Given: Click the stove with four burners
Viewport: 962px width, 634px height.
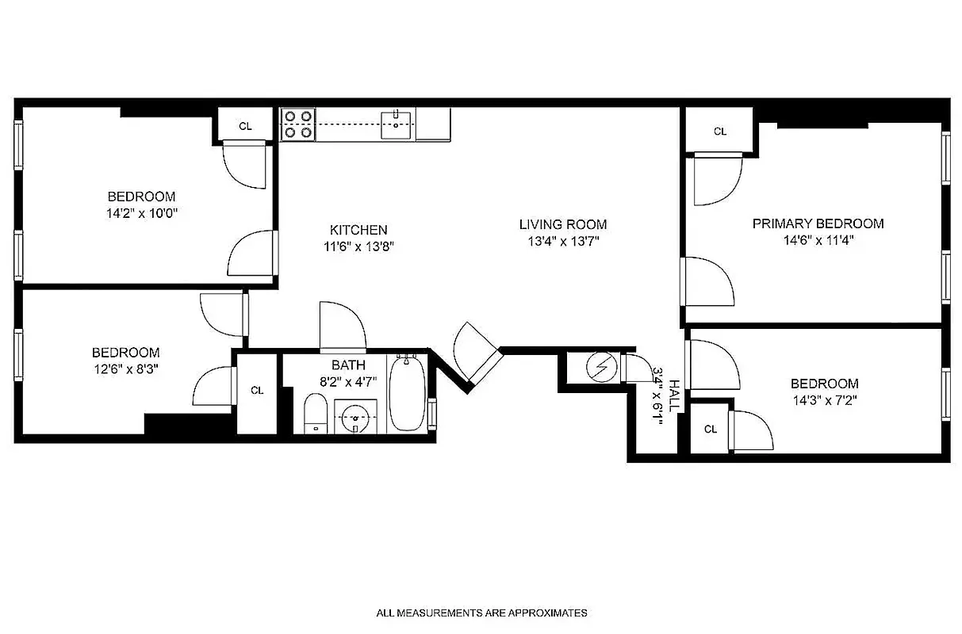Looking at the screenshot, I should [x=298, y=125].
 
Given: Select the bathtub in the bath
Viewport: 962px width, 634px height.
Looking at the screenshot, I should [x=407, y=393].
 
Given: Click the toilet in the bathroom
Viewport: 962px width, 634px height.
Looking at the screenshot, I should [x=316, y=414].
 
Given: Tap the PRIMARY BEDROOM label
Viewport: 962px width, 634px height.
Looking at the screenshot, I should [x=818, y=223].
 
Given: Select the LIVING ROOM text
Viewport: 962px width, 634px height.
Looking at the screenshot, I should [x=563, y=224].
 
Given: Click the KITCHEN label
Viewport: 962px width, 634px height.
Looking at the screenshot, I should [x=358, y=230].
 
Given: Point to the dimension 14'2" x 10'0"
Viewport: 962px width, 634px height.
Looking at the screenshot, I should [x=141, y=213].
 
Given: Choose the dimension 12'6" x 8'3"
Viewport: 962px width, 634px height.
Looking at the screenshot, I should [x=125, y=369].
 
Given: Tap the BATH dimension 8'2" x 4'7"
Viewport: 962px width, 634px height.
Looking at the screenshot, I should [x=349, y=381].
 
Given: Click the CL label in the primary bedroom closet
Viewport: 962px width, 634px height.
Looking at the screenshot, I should [x=719, y=132].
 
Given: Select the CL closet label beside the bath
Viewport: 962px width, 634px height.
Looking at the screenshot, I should [x=257, y=390].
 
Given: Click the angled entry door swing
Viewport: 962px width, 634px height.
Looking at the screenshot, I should [x=474, y=352].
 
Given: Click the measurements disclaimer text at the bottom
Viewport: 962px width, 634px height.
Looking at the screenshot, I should [x=481, y=613].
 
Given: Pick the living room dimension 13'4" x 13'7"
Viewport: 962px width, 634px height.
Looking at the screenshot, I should [x=562, y=242].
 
